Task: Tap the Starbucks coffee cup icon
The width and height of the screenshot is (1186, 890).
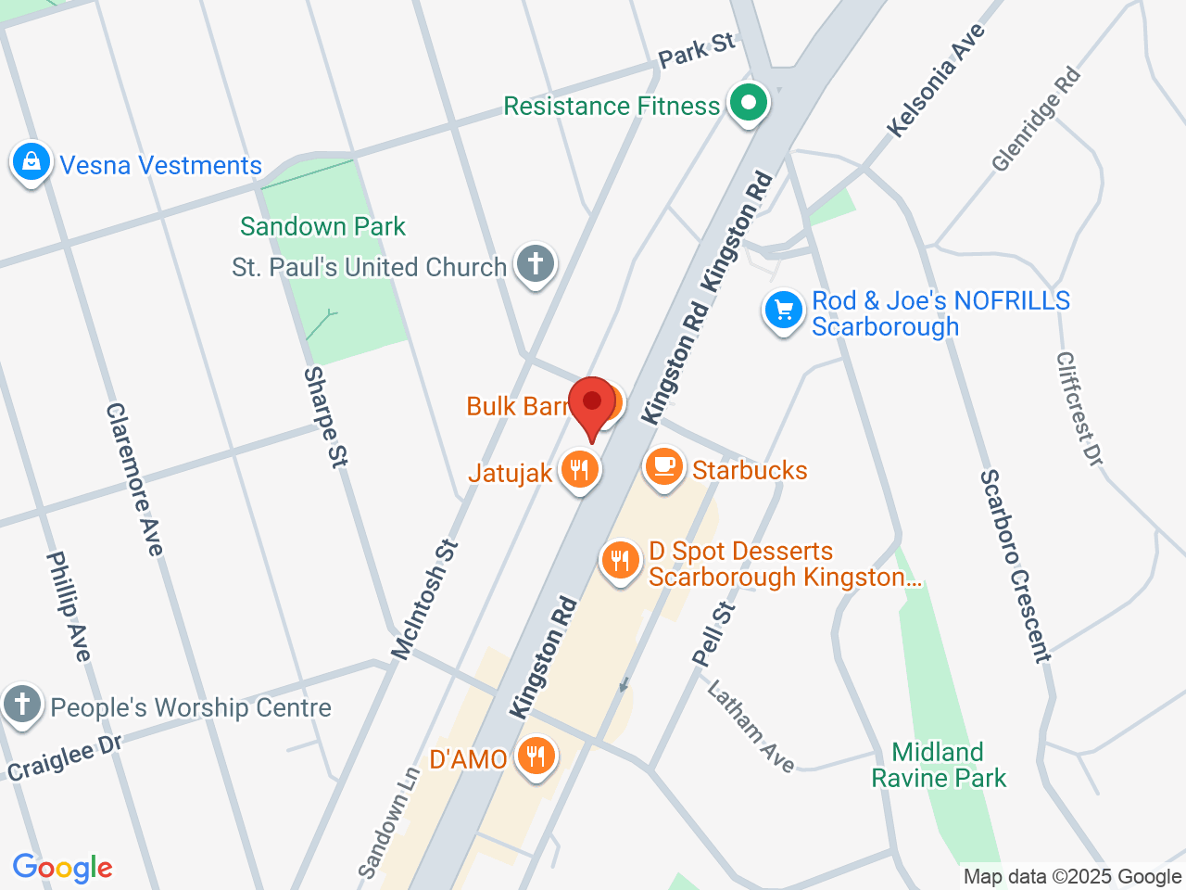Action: pyautogui.click(x=663, y=467)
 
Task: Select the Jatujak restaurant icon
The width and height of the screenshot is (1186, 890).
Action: pyautogui.click(x=579, y=470)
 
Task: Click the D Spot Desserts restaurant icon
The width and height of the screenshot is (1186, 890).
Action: pyautogui.click(x=620, y=561)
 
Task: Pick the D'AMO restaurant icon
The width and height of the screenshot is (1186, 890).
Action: pyautogui.click(x=536, y=756)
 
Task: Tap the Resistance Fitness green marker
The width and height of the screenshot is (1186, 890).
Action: pyautogui.click(x=749, y=103)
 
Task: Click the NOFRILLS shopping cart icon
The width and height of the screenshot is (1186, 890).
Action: pyautogui.click(x=784, y=311)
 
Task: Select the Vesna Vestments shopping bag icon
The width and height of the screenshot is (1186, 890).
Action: pyautogui.click(x=32, y=163)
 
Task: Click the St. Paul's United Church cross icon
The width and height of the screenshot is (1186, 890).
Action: pyautogui.click(x=535, y=264)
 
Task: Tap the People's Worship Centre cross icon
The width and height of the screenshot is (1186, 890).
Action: pyautogui.click(x=22, y=705)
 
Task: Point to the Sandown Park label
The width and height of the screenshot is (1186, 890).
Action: pyautogui.click(x=322, y=226)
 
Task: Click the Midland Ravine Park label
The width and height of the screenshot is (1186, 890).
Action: pyautogui.click(x=939, y=765)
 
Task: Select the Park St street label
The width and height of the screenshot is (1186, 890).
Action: pyautogui.click(x=697, y=50)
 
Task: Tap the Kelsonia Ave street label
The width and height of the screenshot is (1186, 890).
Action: pyautogui.click(x=935, y=82)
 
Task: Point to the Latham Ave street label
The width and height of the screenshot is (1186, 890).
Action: pyautogui.click(x=751, y=726)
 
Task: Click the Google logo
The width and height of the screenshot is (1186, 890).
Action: pyautogui.click(x=62, y=868)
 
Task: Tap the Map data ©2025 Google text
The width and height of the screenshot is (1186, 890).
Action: pyautogui.click(x=1072, y=876)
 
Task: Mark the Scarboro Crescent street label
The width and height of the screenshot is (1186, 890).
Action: pyautogui.click(x=1016, y=566)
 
